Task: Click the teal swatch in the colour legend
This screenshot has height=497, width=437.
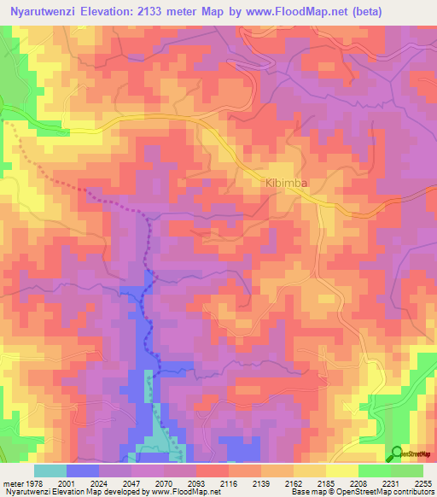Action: click(x=50, y=471)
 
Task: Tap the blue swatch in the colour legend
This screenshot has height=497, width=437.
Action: click(x=83, y=471)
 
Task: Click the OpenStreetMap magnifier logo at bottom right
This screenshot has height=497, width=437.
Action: click(x=397, y=453)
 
